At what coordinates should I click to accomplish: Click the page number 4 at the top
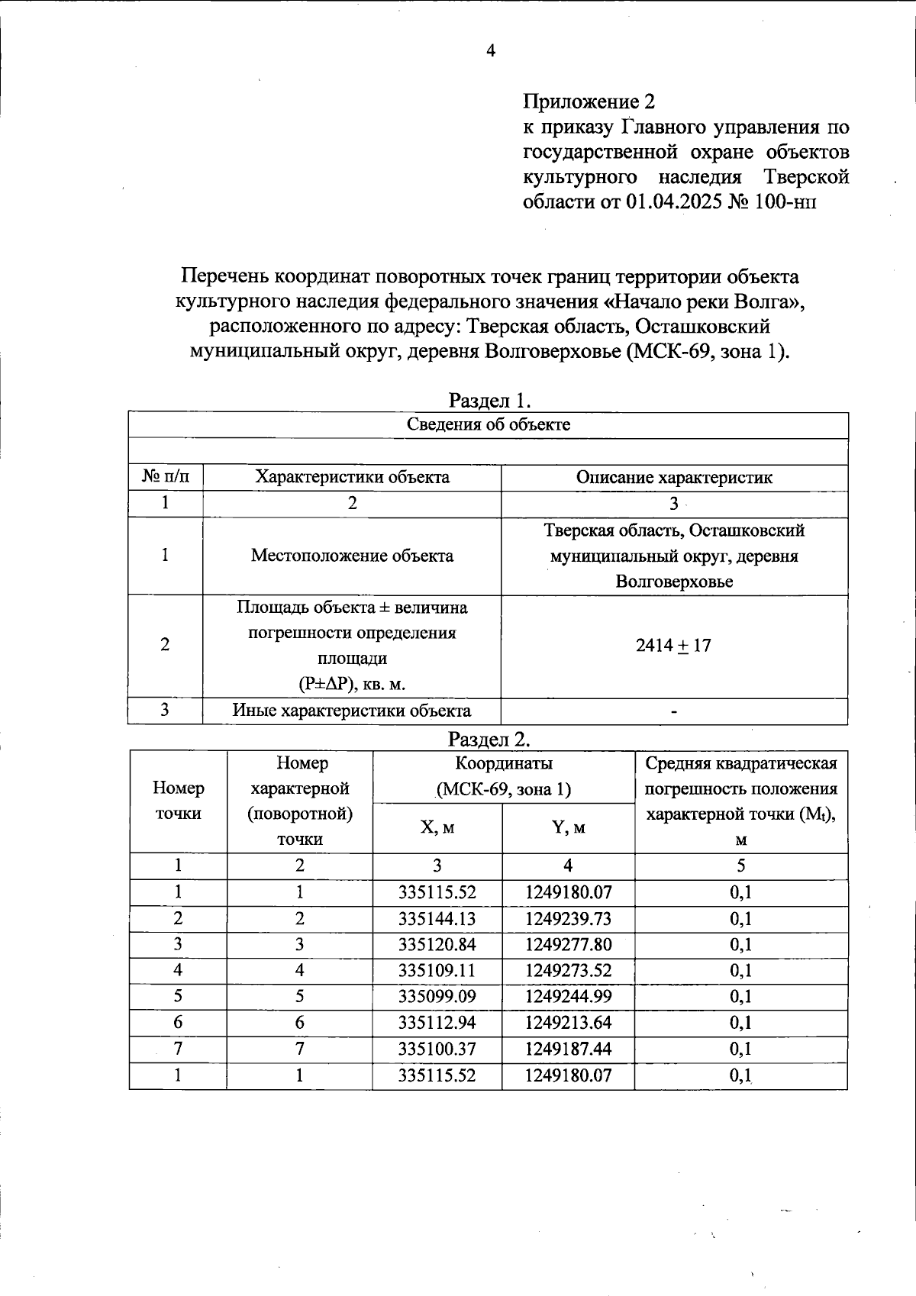491,51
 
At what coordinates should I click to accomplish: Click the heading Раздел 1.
489,400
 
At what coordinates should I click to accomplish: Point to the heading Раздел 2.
489,739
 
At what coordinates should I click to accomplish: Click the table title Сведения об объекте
488,425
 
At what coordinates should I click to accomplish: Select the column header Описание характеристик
674,478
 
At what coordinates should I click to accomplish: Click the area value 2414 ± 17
673,646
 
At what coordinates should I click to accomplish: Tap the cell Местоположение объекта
352,556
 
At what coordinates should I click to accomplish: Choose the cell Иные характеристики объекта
352,711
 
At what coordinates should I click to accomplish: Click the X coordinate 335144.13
437,918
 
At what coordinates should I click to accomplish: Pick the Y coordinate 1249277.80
568,944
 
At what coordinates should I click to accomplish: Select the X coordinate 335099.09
437,996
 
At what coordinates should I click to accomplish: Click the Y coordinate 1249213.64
568,1022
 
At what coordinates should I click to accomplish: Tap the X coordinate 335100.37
437,1049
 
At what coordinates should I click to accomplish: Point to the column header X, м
437,827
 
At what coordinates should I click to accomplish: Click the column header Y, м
568,827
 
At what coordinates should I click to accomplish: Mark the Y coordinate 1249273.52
568,970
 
